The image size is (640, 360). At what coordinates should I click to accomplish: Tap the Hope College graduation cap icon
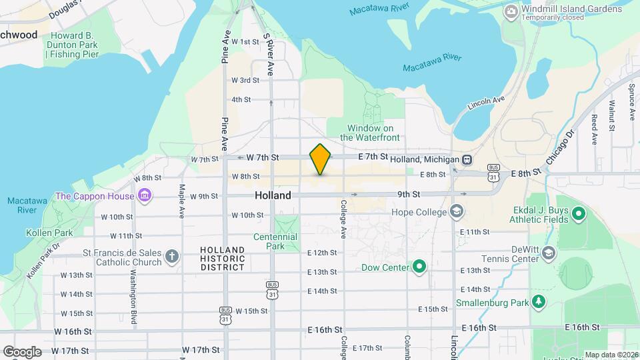(x=457, y=212)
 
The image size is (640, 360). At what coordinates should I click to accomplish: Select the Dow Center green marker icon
(x=419, y=267)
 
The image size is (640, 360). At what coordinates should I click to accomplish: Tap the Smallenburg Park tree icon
(x=539, y=302)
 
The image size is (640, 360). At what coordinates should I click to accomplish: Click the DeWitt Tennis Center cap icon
(x=548, y=253)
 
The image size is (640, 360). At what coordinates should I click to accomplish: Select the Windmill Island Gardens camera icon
(x=511, y=11)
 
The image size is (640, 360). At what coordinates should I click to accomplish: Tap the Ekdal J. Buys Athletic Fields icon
(x=579, y=214)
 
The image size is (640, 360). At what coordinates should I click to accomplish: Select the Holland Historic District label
(x=223, y=259)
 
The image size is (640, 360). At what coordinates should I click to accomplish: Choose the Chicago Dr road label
(x=559, y=147)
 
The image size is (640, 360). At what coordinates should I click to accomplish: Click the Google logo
(x=22, y=351)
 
